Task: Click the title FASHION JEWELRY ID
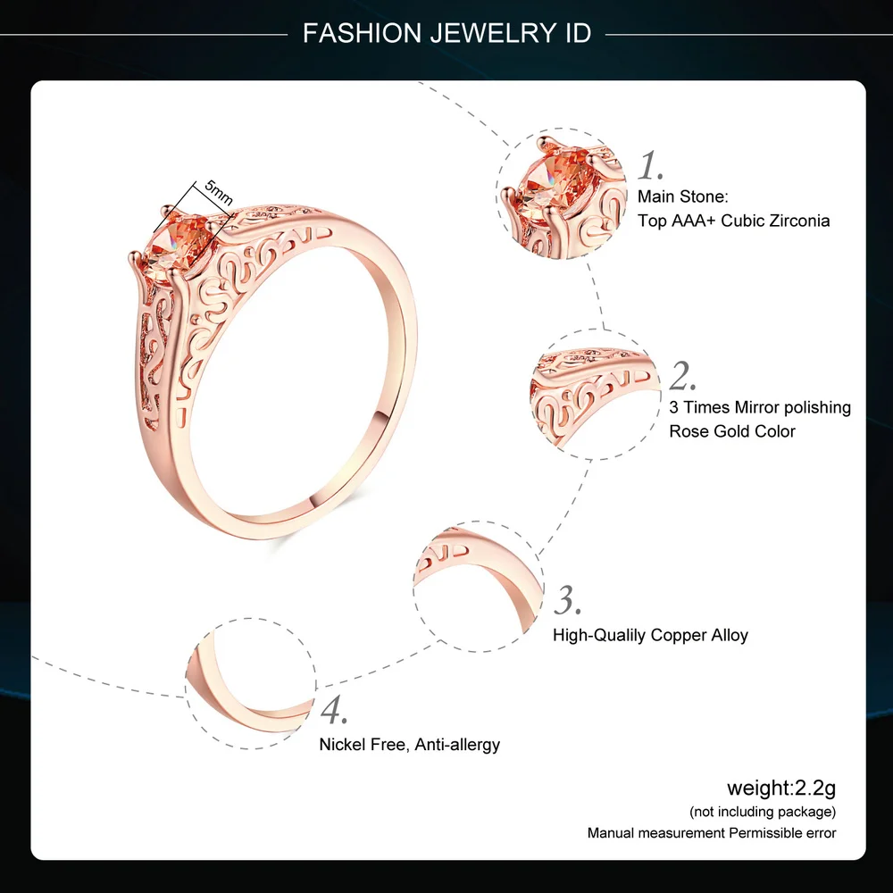pos(446,34)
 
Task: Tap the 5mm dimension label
pos(218,194)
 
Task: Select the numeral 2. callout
pos(682,377)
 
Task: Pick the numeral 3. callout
pos(568,600)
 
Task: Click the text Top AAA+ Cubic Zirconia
pos(733,221)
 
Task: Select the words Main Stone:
pos(683,196)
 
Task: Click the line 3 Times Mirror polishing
pos(760,407)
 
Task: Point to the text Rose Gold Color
pos(732,431)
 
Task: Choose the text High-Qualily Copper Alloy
pos(650,636)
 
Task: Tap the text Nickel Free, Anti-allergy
pos(410,744)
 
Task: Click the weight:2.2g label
pos(781,788)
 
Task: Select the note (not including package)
pos(763,812)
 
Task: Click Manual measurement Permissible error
pos(712,833)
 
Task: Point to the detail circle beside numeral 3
pos(478,582)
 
